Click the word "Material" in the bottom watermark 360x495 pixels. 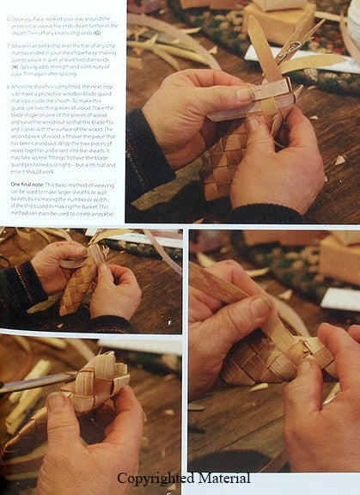coord(224,479)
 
